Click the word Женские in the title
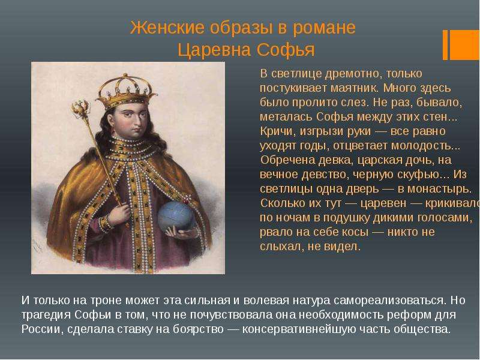tap(167, 28)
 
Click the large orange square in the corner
tap(464, 44)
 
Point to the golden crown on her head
tap(126, 92)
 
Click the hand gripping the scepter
tap(119, 215)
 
